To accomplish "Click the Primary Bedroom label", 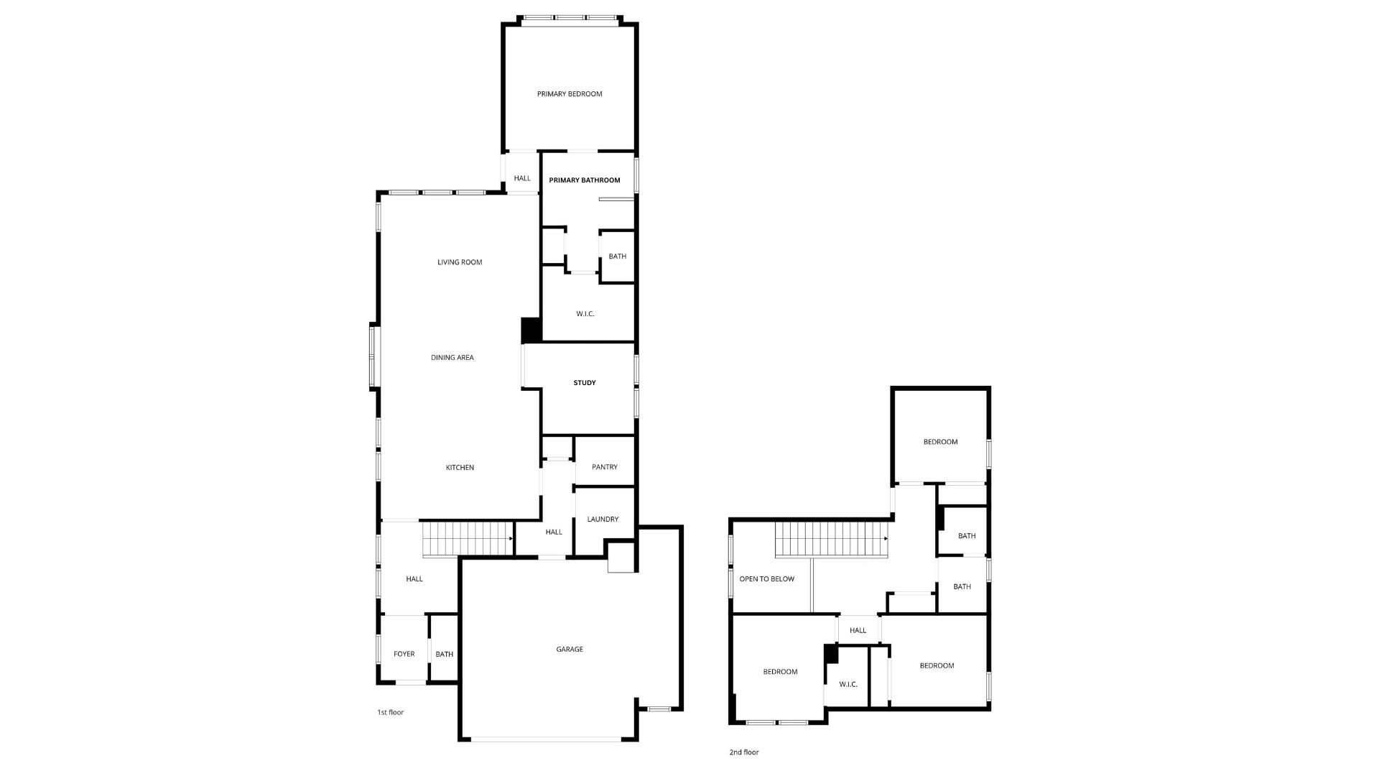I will point(570,94).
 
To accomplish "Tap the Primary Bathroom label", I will point(585,180).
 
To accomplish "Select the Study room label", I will point(585,383).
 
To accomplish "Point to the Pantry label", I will point(605,467).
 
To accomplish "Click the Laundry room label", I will point(603,519).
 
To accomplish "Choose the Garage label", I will point(570,650).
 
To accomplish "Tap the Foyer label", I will point(404,655).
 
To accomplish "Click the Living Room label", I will point(460,262).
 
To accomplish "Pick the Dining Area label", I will point(452,358).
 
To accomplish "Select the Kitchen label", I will point(460,468).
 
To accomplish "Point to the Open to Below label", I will point(767,579).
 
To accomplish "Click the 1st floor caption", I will point(391,713).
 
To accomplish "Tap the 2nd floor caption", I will point(744,753).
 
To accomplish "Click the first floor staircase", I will point(468,539).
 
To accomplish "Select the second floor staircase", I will point(831,539).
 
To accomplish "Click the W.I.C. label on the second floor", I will point(848,685).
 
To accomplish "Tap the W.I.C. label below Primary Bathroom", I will point(585,314).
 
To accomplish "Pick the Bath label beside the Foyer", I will point(445,655).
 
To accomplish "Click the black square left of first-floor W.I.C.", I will point(531,331).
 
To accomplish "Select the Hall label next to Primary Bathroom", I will point(522,179).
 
